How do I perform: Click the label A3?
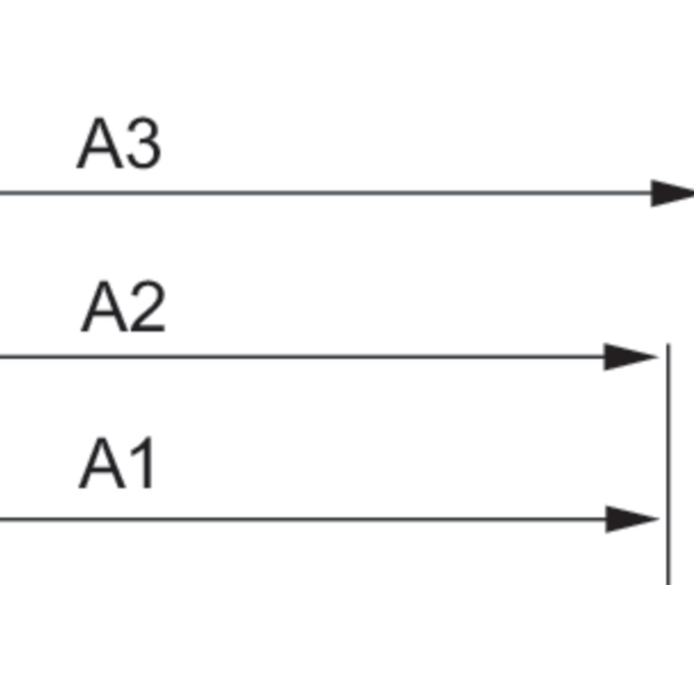tap(119, 143)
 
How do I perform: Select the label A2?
tap(124, 305)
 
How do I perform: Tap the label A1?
tap(116, 463)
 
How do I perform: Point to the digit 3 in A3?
tap(144, 143)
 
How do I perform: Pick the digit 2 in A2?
tap(149, 305)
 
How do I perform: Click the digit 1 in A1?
tap(143, 463)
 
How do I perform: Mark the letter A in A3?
tap(99, 143)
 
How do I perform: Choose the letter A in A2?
tap(104, 305)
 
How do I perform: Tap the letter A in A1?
tap(102, 463)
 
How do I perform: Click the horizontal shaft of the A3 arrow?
tap(325, 193)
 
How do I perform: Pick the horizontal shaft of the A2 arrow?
tap(302, 356)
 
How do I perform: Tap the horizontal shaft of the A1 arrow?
tap(302, 519)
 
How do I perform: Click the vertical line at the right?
tap(668, 464)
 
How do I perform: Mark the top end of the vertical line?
tap(668, 343)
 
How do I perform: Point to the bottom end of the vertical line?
tap(668, 584)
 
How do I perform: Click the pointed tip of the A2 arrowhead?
tap(657, 356)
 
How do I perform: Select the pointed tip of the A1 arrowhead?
tap(659, 519)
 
